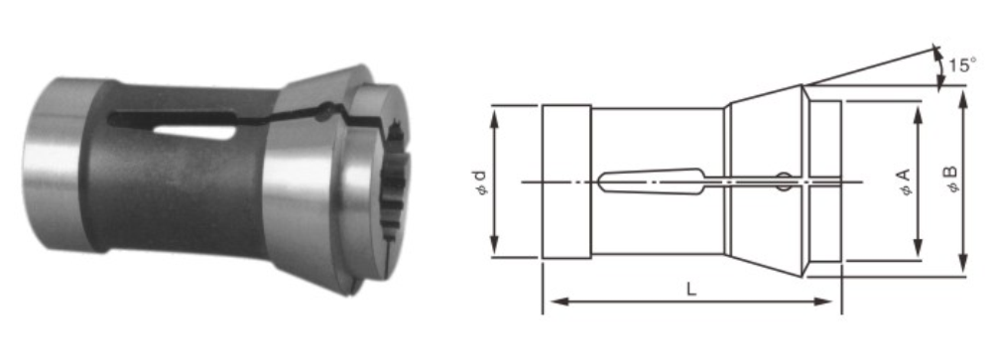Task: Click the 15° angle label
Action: (962, 65)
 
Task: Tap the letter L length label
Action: (691, 290)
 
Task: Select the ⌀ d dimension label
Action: (482, 182)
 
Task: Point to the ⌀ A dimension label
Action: (906, 182)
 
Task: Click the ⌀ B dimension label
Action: (951, 180)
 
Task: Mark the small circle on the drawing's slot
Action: (784, 181)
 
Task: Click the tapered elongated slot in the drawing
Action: (652, 180)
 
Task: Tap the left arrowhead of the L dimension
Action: (558, 301)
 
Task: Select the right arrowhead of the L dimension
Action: (822, 301)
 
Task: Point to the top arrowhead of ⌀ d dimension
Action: (495, 116)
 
